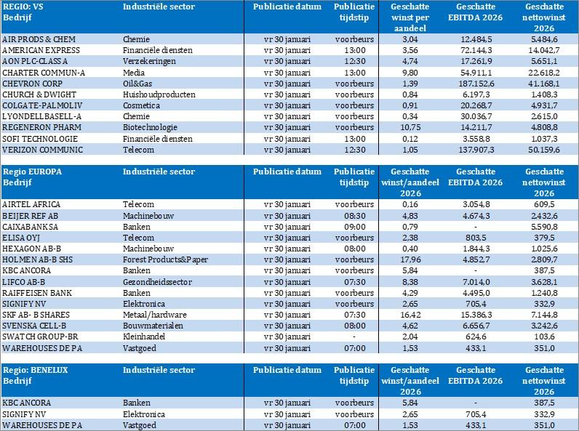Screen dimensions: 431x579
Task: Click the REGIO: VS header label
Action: pyautogui.click(x=21, y=7)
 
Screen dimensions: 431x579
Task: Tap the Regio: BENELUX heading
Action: pyautogui.click(x=36, y=370)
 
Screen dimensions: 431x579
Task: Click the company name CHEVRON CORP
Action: pyautogui.click(x=31, y=84)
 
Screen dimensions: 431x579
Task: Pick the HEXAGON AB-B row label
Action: pyautogui.click(x=34, y=249)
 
